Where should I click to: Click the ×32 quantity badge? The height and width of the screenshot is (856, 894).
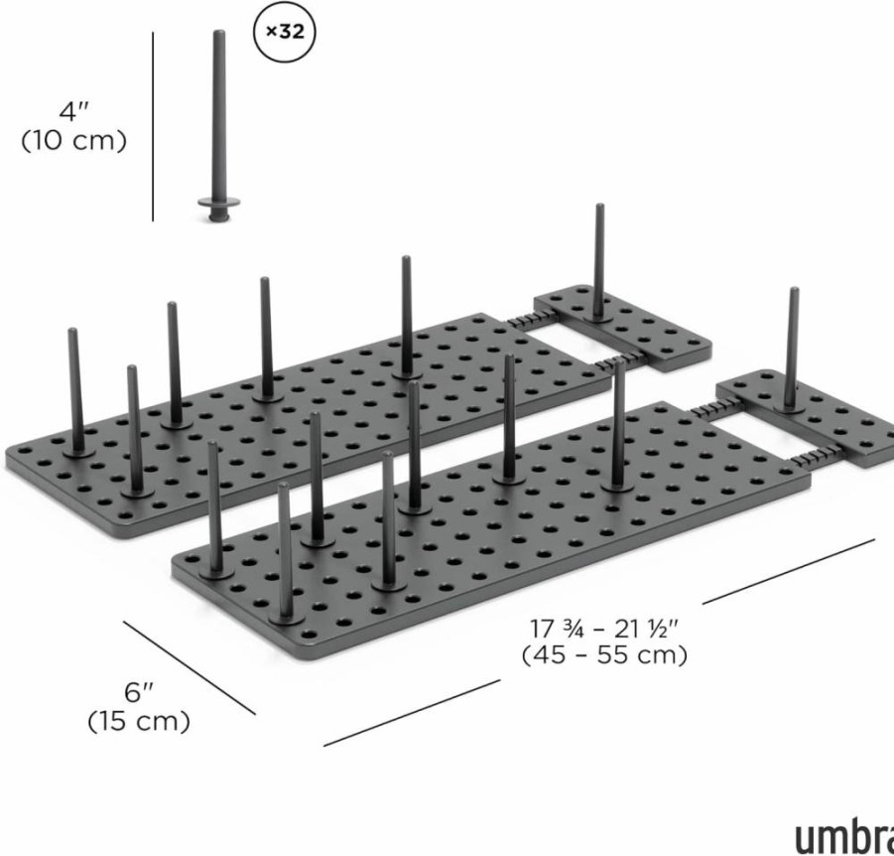285,33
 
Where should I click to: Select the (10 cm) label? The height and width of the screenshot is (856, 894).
73,140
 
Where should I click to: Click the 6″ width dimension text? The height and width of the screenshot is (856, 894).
139,692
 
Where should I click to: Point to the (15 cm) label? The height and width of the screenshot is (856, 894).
139,721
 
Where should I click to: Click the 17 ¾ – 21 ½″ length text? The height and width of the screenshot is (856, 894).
605,629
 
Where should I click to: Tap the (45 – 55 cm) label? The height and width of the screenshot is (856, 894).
604,655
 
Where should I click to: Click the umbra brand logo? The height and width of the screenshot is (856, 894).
844,836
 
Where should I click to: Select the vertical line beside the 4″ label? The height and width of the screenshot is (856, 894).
153,126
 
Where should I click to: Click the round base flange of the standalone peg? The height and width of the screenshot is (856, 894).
219,202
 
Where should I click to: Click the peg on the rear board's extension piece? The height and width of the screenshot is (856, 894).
598,261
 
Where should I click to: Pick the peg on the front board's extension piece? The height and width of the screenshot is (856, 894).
792,350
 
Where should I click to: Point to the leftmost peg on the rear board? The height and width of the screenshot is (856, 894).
76,391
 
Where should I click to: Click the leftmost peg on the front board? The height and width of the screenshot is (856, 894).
214,508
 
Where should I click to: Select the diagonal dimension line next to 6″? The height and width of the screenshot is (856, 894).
190,667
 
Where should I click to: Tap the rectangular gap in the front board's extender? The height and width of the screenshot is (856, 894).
755,431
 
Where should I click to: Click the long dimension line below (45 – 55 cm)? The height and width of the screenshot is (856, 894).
412,712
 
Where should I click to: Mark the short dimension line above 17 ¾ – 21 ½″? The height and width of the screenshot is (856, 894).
789,571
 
